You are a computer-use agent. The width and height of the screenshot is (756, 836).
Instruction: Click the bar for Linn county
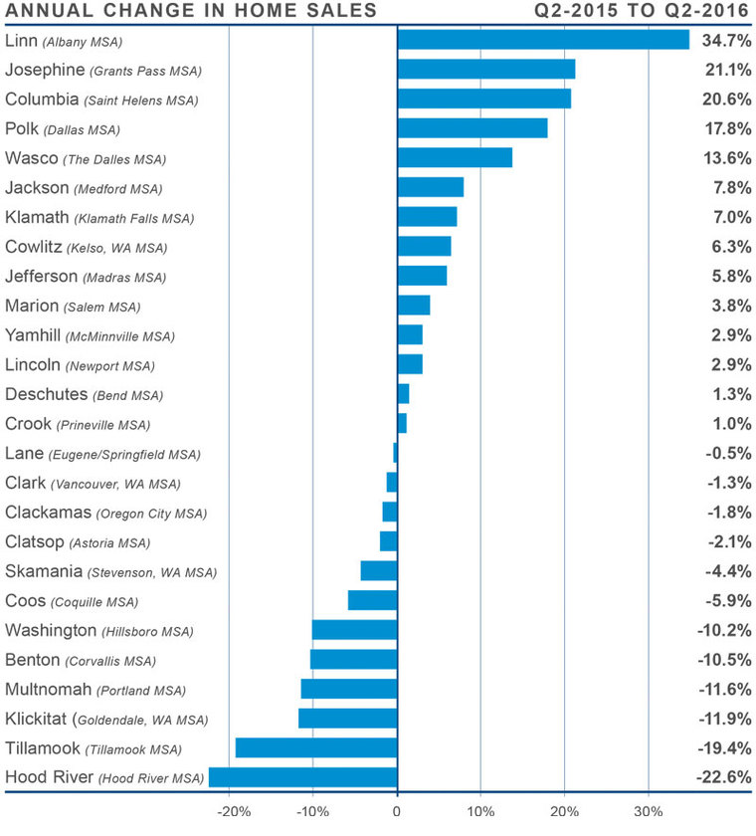[543, 40]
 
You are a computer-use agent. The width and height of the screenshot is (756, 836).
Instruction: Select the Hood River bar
[302, 777]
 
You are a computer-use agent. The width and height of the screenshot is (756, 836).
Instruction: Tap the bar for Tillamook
[316, 747]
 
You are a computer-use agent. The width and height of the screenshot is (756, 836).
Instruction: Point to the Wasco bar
[455, 158]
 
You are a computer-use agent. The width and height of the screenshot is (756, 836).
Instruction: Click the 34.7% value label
[723, 40]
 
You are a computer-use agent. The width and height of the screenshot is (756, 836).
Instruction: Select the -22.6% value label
[720, 777]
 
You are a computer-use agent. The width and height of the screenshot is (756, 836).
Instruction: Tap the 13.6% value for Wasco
[723, 158]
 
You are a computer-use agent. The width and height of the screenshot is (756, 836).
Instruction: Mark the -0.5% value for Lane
[723, 453]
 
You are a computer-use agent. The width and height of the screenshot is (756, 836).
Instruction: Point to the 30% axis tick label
[649, 810]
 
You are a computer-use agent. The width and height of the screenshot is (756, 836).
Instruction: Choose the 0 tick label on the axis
[397, 810]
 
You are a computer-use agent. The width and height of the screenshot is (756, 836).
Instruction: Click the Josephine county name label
[44, 70]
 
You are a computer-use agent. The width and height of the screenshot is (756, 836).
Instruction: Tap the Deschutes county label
[47, 394]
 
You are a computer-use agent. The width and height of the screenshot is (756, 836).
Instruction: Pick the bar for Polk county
[472, 128]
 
